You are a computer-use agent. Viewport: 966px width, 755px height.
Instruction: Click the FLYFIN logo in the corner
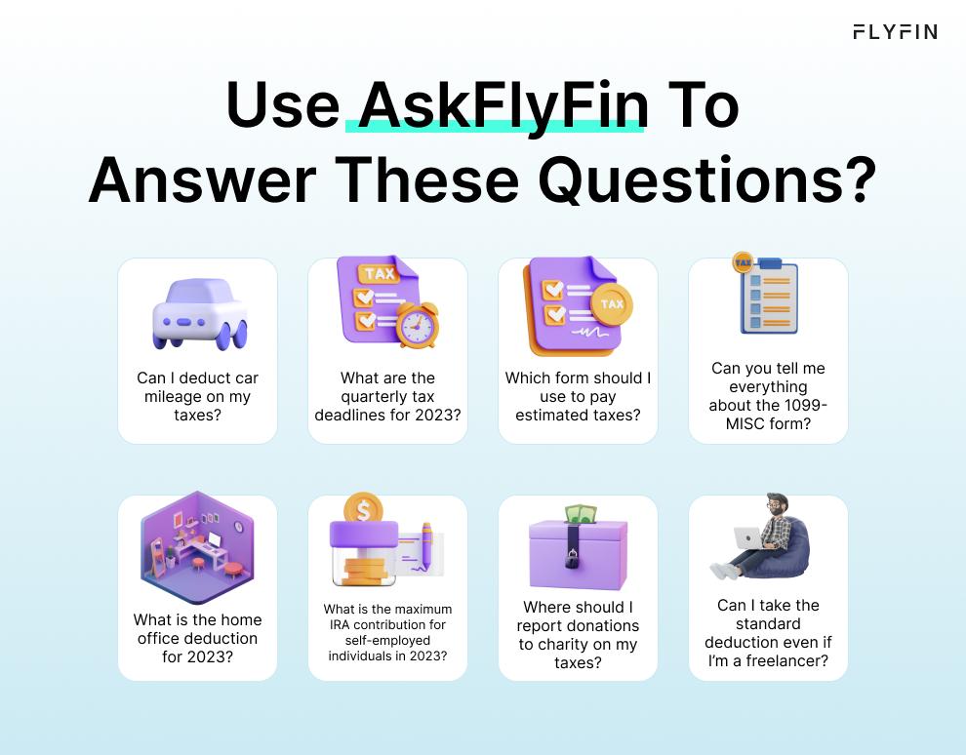point(895,32)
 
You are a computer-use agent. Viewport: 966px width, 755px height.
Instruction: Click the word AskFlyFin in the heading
point(503,106)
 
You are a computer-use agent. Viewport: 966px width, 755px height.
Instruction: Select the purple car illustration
point(200,314)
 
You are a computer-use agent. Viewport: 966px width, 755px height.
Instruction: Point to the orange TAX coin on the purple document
point(612,304)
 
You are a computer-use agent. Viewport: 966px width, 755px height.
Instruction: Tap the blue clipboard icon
point(768,297)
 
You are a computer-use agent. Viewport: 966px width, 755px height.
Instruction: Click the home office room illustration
point(197,547)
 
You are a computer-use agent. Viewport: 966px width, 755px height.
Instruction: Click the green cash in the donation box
point(582,514)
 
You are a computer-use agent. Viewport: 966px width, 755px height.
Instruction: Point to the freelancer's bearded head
point(777,505)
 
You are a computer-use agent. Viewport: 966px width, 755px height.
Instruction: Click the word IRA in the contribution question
point(339,624)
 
